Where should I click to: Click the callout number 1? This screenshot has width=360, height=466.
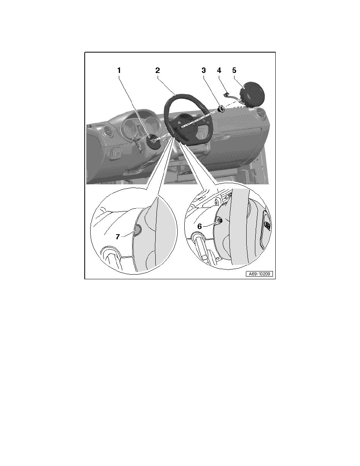(x=119, y=71)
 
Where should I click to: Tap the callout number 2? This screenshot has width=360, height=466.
(x=157, y=71)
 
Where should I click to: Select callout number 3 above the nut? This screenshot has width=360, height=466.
(x=204, y=71)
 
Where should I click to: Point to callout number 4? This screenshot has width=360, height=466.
(x=219, y=71)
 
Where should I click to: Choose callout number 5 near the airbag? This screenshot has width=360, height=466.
(x=234, y=71)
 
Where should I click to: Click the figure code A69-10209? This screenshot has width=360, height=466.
(x=259, y=274)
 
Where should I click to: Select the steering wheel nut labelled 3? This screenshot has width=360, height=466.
(x=222, y=109)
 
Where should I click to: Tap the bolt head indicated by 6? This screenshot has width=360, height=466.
(x=220, y=221)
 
